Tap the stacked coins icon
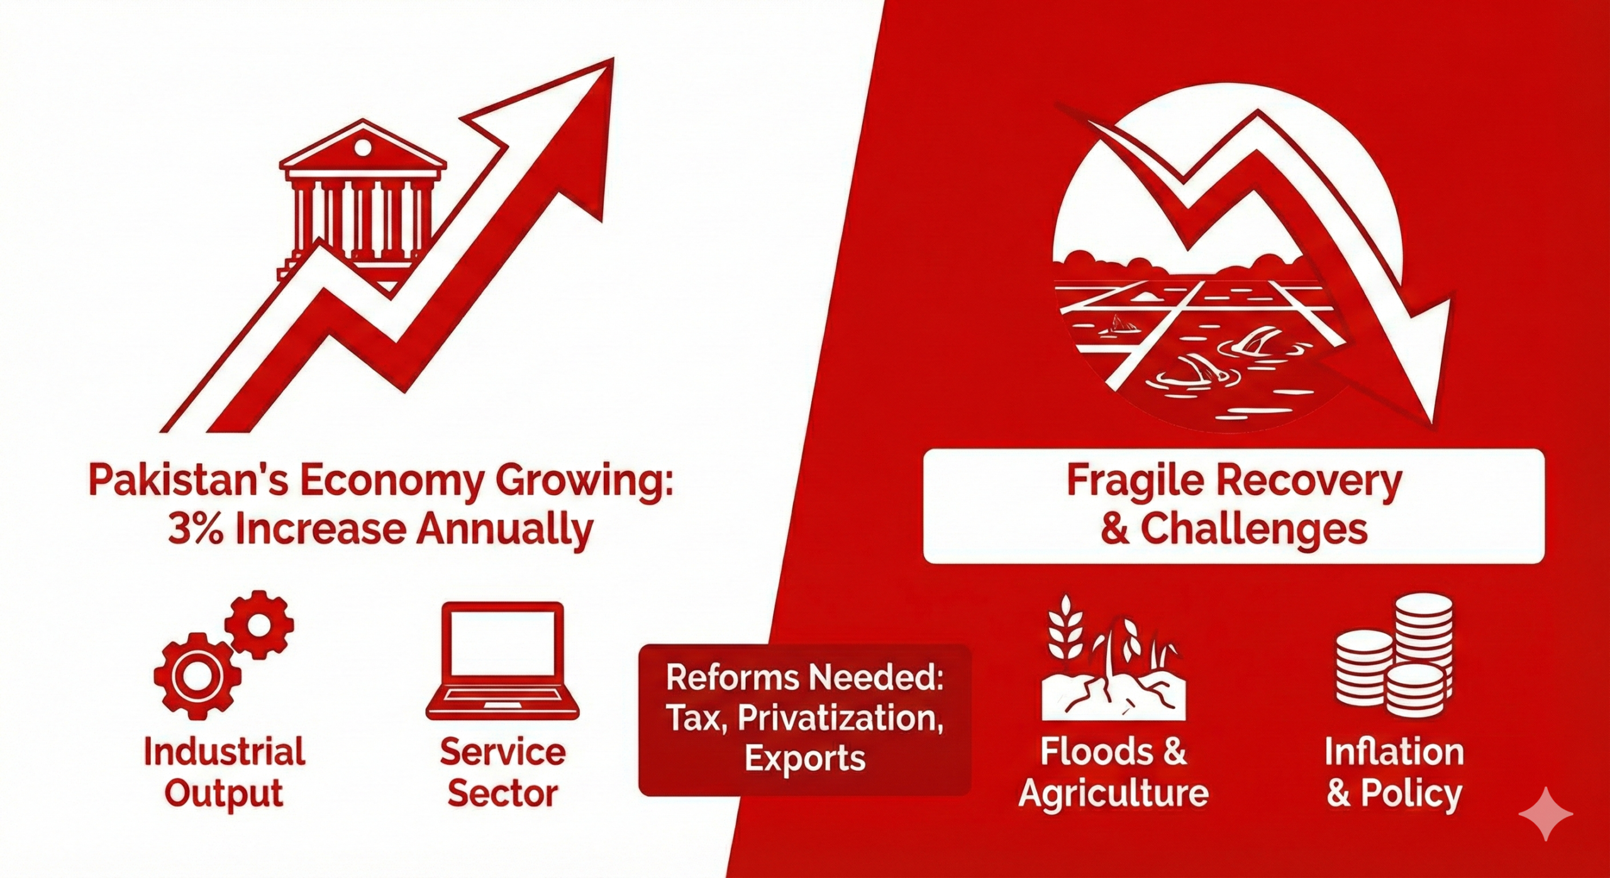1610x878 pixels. point(1395,651)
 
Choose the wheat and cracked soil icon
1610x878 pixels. point(1113,657)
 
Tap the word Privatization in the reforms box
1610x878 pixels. point(841,719)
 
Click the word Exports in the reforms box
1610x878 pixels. point(805,759)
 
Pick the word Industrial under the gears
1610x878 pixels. point(225,752)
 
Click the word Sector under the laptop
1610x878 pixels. point(502,794)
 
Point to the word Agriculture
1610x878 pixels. point(1113,794)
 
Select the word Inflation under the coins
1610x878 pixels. point(1394,752)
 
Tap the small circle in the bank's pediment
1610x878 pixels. point(363,148)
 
